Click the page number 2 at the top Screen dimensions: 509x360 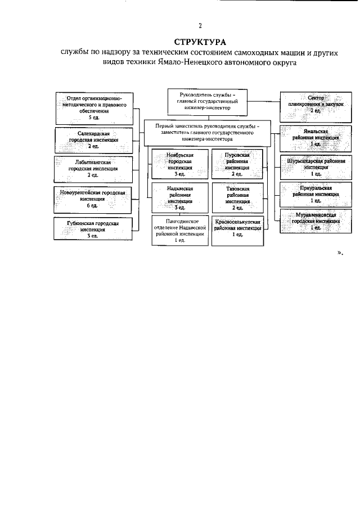199,25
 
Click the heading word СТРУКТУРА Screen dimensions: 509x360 199,42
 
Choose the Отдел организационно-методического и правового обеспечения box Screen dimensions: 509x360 95,109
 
